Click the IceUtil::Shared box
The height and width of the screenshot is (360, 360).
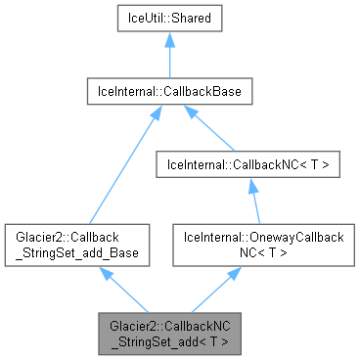pos(169,19)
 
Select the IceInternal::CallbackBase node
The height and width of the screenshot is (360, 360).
pos(169,93)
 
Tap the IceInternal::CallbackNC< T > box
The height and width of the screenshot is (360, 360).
pos(253,167)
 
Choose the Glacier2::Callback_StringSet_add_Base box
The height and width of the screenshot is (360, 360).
pos(76,245)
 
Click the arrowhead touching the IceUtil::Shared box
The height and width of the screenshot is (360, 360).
pos(169,39)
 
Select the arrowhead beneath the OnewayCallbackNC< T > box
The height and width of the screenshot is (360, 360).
pos(232,274)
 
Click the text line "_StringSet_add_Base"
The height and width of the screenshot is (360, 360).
pos(76,253)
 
